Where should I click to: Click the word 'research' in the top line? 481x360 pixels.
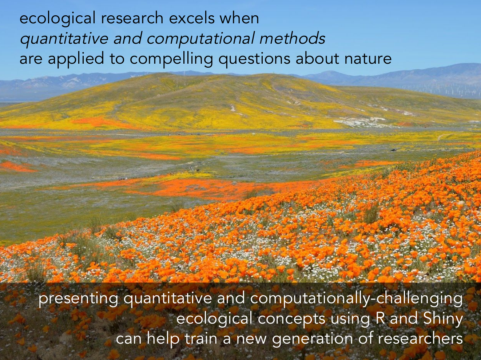click(x=132, y=18)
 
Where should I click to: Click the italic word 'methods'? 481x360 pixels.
click(x=292, y=38)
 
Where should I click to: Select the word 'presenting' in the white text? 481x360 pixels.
click(x=78, y=299)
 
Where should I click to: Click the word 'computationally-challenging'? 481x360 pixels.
click(x=356, y=299)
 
